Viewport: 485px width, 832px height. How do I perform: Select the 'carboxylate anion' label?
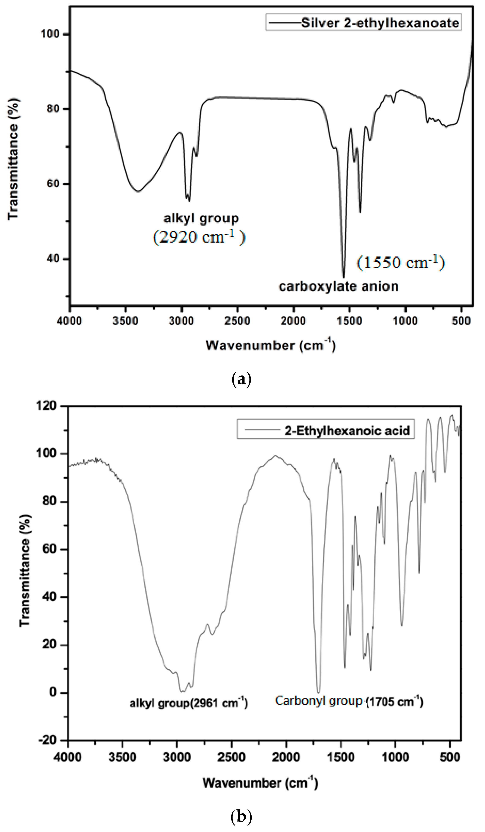[x=338, y=286]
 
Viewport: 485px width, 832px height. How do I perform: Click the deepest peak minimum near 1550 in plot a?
[x=343, y=277]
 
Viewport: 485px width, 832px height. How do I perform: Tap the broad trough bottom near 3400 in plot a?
[x=138, y=191]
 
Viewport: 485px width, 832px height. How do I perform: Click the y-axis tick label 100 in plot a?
[x=50, y=34]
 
